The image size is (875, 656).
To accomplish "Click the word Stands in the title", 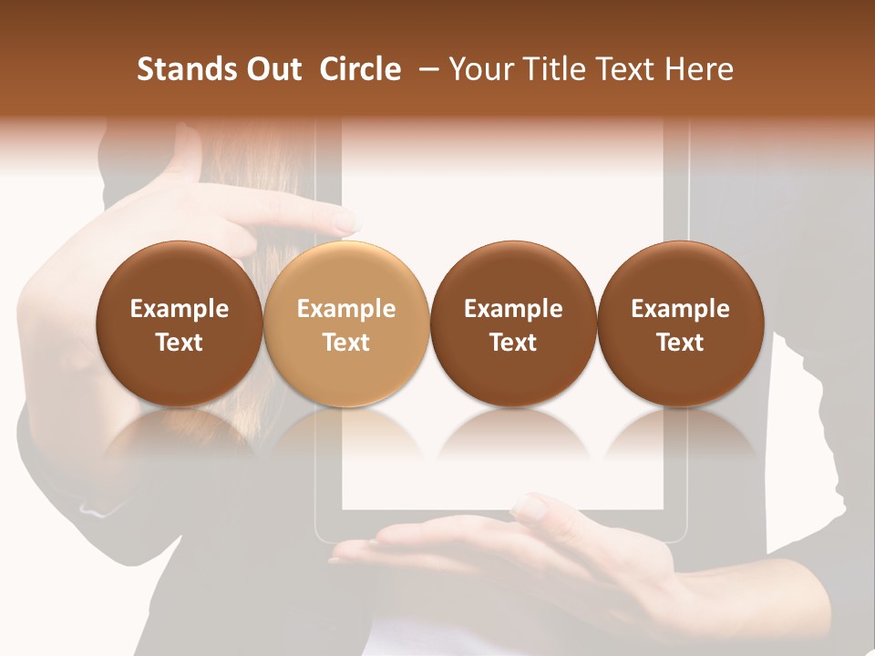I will tap(186, 69).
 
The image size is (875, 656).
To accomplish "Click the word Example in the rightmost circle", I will tap(680, 309).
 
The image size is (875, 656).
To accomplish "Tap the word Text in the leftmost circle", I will tap(179, 343).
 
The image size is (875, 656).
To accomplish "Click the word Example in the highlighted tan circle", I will tap(345, 309).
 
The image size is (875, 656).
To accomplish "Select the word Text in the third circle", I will tap(513, 343).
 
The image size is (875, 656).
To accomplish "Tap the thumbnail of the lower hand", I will tap(530, 508).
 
